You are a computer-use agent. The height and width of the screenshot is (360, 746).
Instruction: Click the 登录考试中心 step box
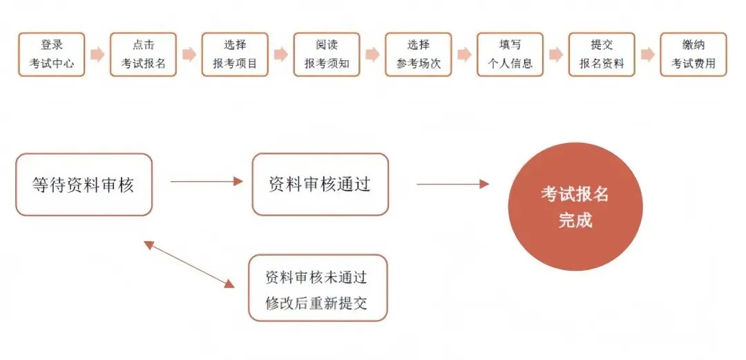point(52,55)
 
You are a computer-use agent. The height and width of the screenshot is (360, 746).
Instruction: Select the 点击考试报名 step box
point(143,55)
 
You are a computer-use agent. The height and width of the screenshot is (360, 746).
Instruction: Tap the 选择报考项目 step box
point(235,55)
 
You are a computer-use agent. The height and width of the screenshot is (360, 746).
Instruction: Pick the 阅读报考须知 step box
point(327,55)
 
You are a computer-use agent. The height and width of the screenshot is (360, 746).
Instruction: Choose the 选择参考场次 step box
point(419,55)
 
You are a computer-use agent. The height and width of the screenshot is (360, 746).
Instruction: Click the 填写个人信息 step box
point(510,55)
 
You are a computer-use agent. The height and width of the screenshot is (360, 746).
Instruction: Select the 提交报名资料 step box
point(602,55)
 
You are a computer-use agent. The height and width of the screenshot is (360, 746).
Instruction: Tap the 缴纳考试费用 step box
point(694,55)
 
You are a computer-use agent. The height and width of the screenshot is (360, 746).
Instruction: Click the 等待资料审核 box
point(84,184)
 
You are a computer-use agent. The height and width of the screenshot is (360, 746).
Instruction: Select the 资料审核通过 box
point(321,184)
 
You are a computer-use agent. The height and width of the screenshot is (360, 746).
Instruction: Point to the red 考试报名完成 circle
point(575,207)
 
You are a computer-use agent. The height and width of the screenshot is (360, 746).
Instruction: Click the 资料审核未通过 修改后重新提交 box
point(318,288)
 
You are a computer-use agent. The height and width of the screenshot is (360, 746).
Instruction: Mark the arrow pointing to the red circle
point(452,184)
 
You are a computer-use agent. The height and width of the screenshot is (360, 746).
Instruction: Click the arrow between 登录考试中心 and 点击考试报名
point(97,55)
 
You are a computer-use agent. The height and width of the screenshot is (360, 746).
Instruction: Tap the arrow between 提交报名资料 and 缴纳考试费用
point(648,55)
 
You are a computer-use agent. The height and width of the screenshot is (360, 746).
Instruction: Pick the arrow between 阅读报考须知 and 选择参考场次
point(372,55)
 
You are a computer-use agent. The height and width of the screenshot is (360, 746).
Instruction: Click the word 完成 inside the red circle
point(575,221)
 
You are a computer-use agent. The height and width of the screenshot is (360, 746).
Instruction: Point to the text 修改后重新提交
point(317,303)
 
